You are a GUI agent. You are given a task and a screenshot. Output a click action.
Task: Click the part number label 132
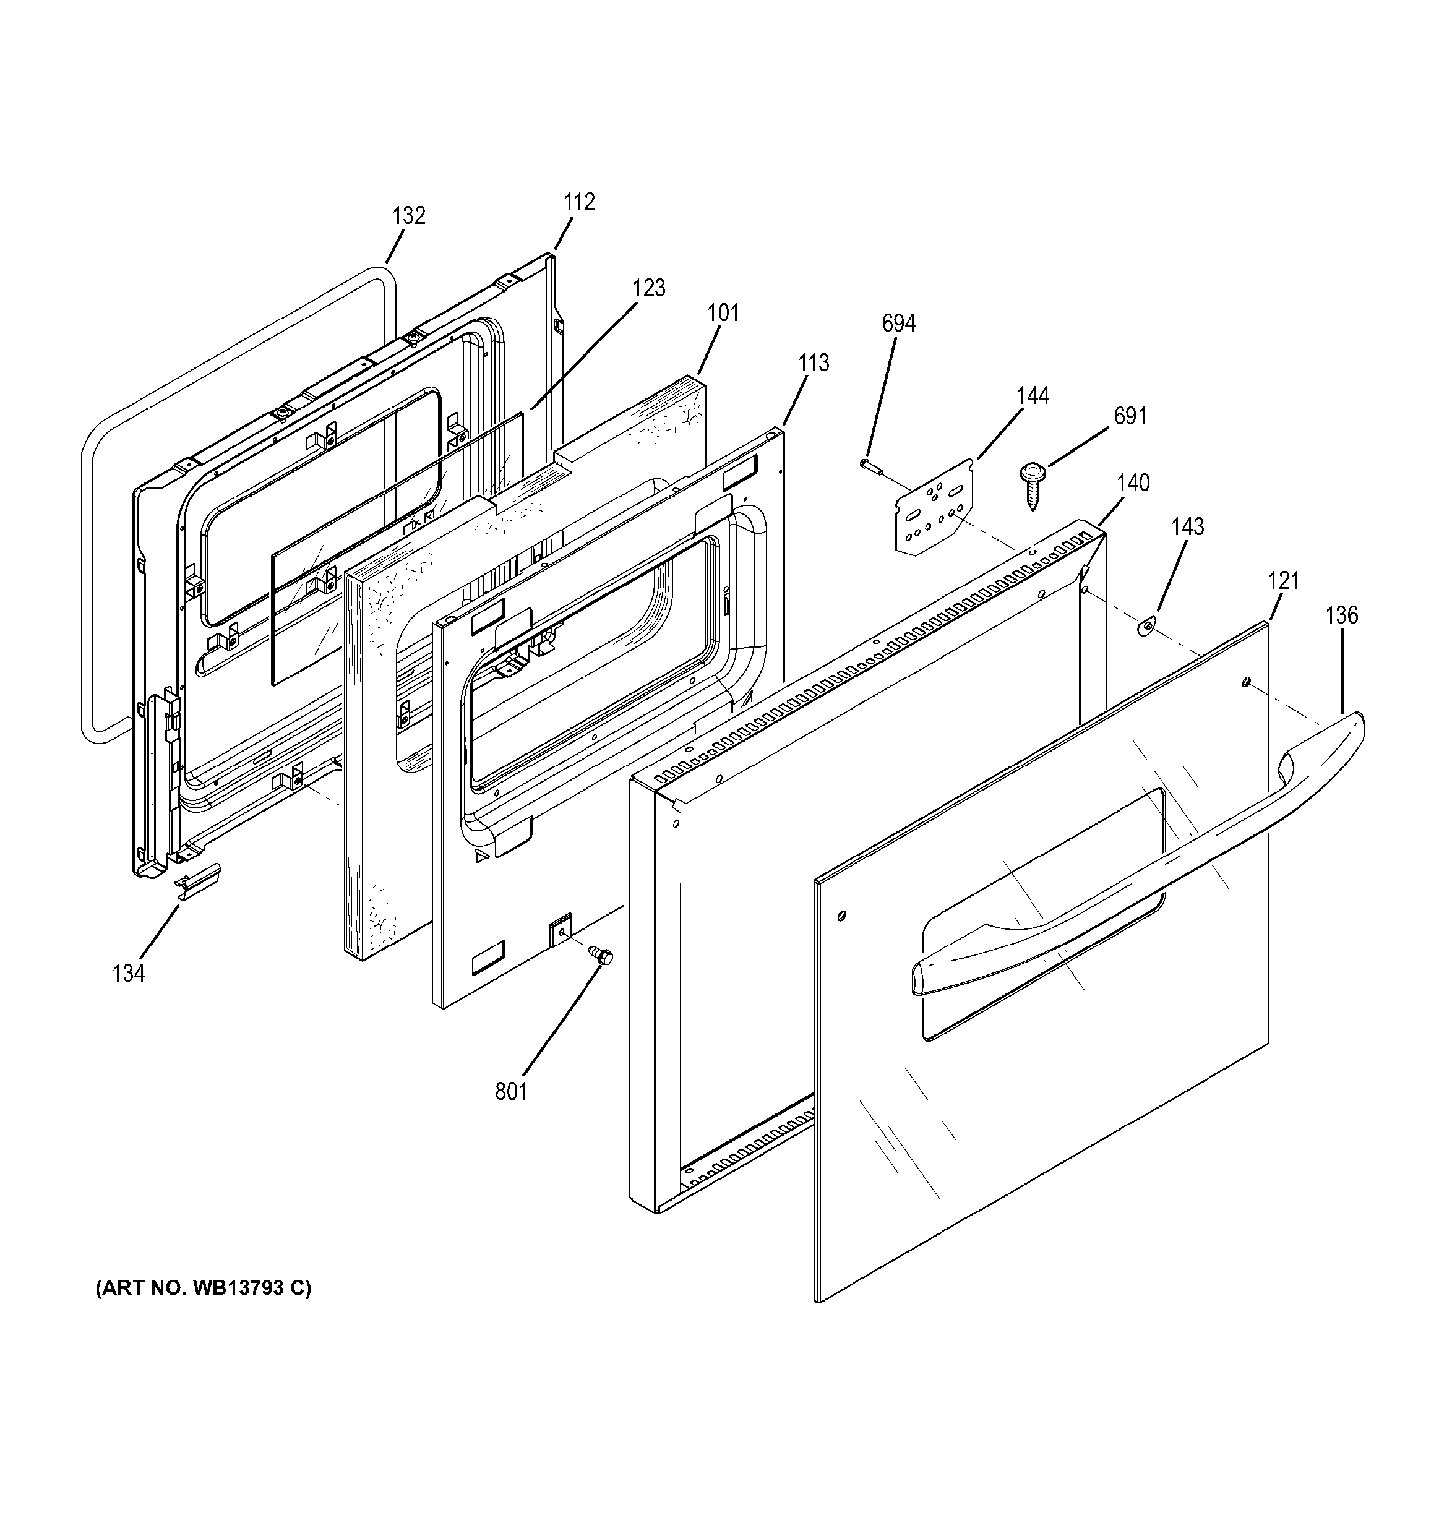(408, 216)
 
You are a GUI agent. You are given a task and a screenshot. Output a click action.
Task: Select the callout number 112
(579, 202)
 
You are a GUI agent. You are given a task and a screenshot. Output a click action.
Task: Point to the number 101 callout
(723, 314)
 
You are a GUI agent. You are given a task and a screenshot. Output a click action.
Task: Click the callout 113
(814, 362)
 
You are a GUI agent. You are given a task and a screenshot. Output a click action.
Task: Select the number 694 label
(898, 324)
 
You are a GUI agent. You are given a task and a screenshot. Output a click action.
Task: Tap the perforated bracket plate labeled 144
(934, 507)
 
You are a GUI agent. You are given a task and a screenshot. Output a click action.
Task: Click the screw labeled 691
(1031, 482)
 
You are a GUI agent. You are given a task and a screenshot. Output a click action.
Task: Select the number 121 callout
(1283, 581)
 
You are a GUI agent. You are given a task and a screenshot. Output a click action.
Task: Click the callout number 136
(1341, 615)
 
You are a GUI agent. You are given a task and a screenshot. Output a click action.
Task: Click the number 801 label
(512, 1091)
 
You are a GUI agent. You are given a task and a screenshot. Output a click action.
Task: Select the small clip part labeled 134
(197, 880)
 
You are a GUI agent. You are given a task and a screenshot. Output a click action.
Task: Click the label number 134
(128, 974)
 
